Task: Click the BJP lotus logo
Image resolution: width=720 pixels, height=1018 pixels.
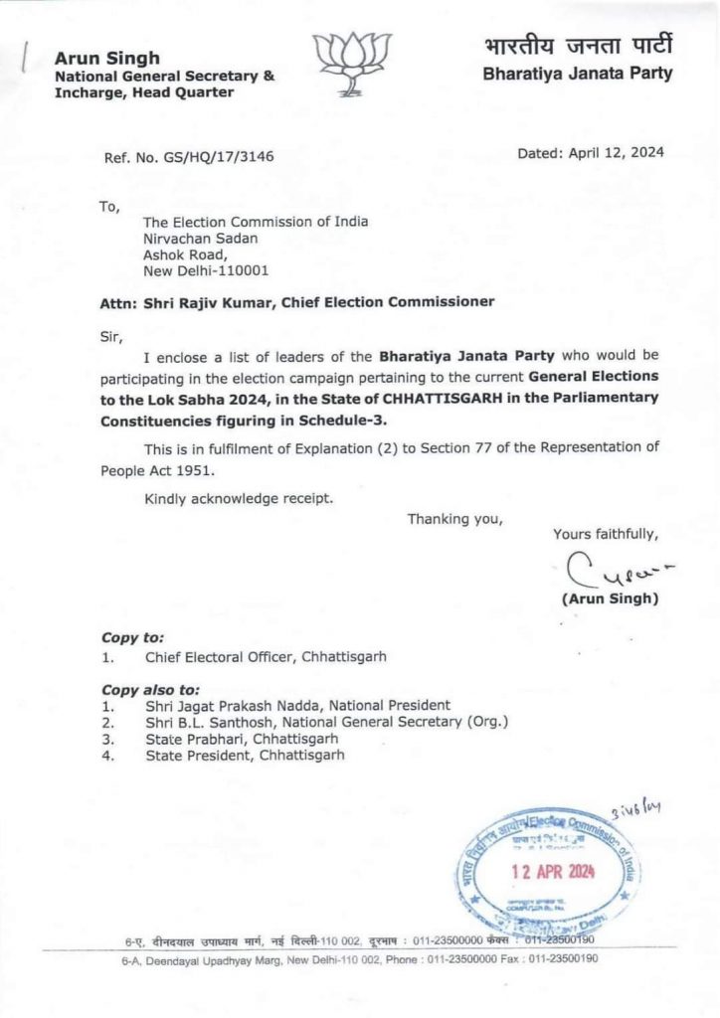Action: (x=352, y=64)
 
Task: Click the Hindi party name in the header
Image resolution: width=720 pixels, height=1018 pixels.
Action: (x=579, y=46)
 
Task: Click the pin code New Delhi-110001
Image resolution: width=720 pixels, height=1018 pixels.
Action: (x=206, y=269)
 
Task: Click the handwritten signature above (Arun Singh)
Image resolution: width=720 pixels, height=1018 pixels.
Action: (x=610, y=571)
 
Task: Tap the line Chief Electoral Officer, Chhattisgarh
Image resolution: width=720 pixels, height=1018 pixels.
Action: (x=266, y=656)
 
